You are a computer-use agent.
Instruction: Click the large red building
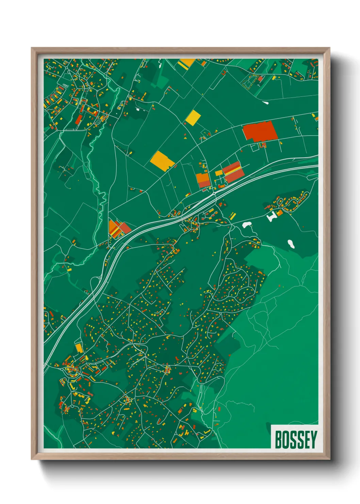(260, 131)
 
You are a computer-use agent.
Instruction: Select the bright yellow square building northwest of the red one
(193, 117)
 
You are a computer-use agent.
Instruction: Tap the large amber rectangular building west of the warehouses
(162, 161)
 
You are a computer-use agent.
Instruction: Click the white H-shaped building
(272, 216)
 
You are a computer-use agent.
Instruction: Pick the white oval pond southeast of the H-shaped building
(291, 243)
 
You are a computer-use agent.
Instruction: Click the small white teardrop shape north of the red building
(265, 102)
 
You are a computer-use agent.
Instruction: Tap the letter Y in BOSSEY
(313, 440)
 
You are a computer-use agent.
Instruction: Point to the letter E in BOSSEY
(306, 440)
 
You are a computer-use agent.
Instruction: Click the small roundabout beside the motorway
(214, 193)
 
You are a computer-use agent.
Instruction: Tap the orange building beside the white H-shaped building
(279, 213)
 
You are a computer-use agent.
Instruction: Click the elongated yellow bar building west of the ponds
(233, 216)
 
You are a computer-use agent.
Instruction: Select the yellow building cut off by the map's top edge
(186, 63)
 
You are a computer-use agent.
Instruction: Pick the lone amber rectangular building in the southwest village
(79, 348)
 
